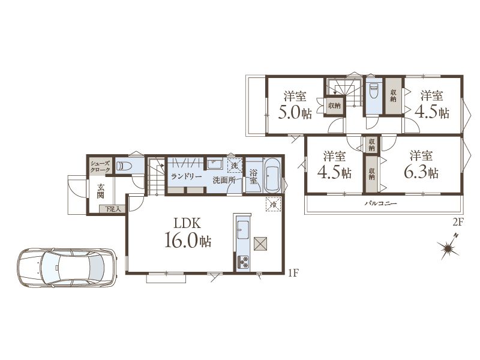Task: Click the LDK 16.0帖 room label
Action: click(x=188, y=233)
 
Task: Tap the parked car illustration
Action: click(x=67, y=268)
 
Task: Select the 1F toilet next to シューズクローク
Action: click(x=124, y=166)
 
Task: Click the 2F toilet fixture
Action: click(x=373, y=91)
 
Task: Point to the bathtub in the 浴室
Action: click(x=272, y=175)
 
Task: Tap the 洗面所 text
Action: click(x=224, y=180)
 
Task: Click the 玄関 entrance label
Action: click(x=101, y=191)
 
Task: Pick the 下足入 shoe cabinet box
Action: click(x=112, y=209)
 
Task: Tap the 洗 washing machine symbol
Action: click(x=235, y=166)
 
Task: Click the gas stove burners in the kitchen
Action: click(x=244, y=262)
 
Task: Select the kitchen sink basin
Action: click(x=243, y=230)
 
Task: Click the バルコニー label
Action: click(x=380, y=203)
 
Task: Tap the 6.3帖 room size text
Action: click(x=421, y=173)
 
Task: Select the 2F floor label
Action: click(x=458, y=223)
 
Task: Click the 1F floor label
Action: click(x=293, y=274)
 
